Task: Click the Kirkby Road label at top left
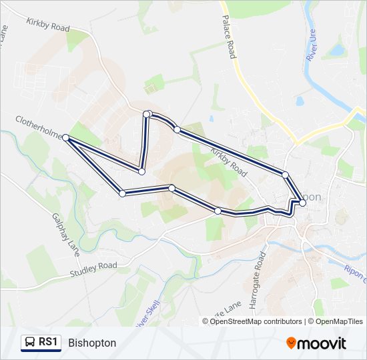(48, 25)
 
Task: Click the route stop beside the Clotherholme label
(66, 138)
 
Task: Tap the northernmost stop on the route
(147, 114)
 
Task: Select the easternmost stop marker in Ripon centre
(303, 203)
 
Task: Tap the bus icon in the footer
(30, 343)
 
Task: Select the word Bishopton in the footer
(92, 343)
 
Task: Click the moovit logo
(316, 343)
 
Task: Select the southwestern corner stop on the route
(122, 193)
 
